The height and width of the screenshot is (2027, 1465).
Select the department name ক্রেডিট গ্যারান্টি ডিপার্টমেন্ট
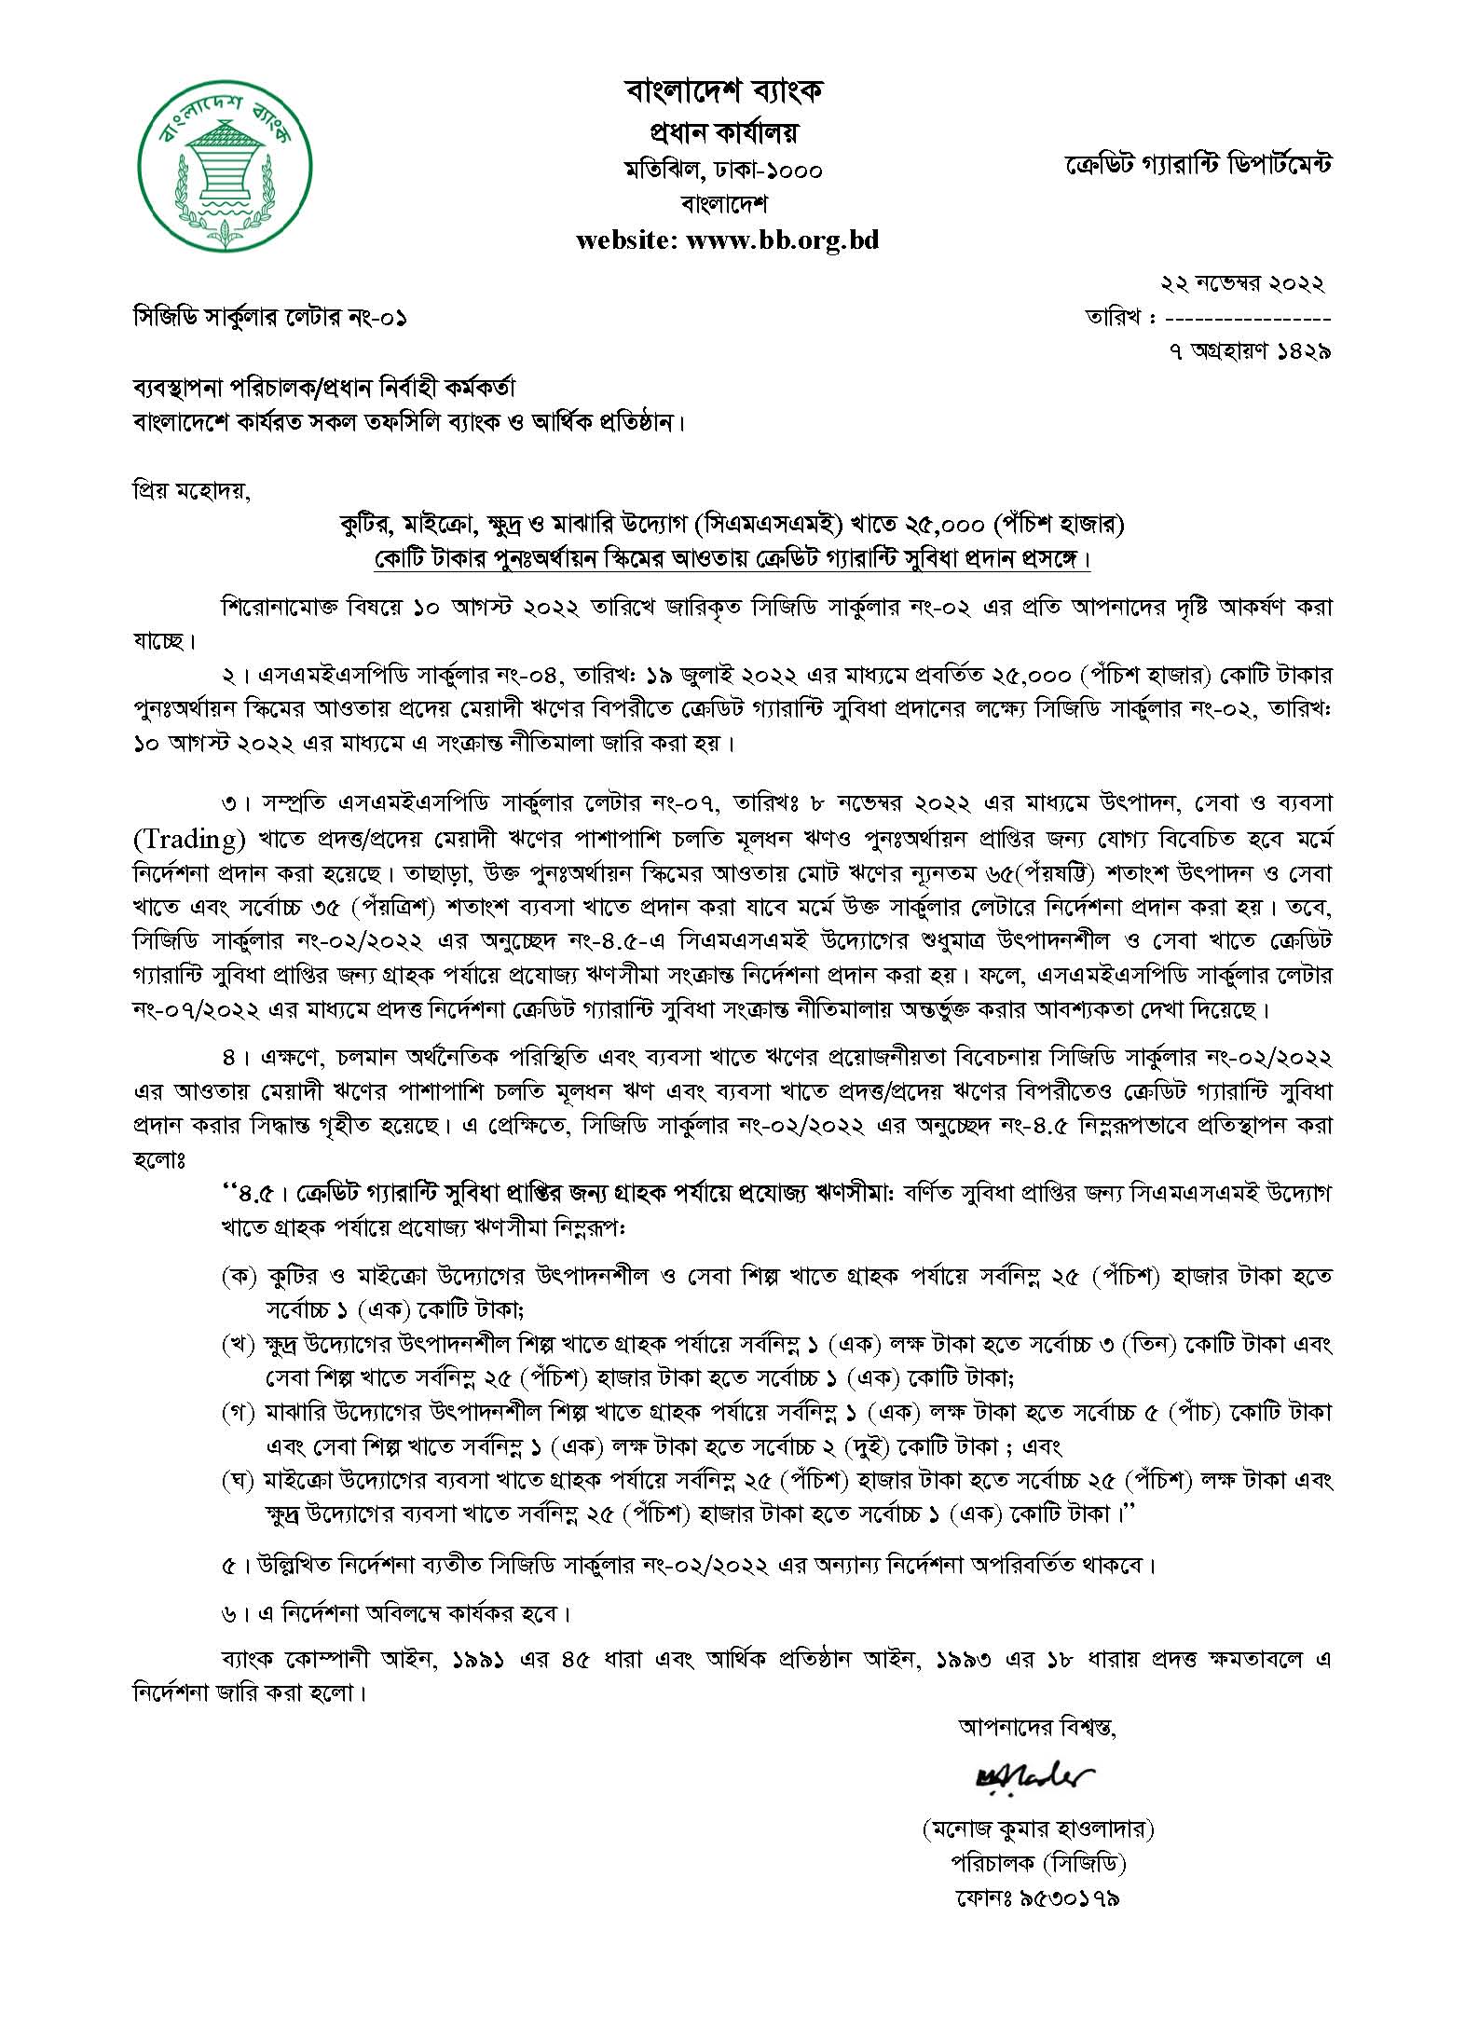[1198, 165]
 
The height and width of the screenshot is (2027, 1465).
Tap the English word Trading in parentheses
[189, 840]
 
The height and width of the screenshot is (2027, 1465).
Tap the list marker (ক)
[239, 1276]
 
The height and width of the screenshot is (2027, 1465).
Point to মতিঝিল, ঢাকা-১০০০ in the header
[724, 170]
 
